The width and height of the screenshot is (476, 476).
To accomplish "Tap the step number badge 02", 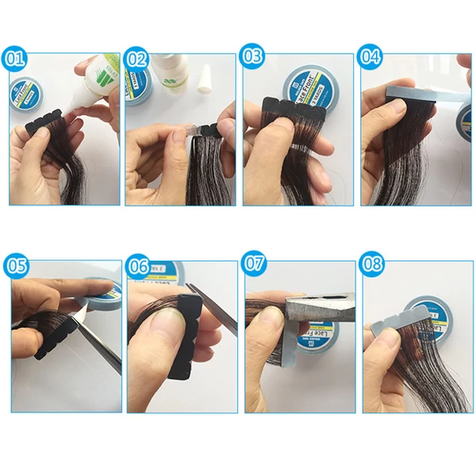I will [x=136, y=59].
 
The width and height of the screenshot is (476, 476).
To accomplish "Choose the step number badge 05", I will [x=15, y=264].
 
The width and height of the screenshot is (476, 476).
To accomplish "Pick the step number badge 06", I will [x=137, y=264].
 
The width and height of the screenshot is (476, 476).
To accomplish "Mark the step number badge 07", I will [x=255, y=264].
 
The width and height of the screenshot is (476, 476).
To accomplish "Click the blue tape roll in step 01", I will [x=28, y=91].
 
